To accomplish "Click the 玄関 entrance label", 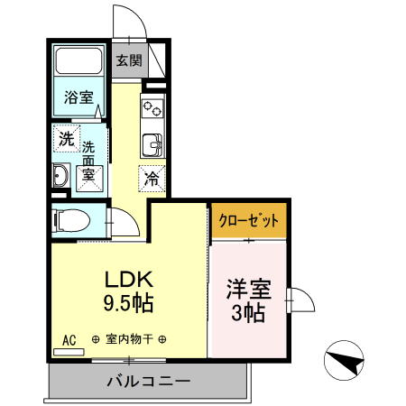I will pos(129,61).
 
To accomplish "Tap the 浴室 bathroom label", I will pos(78,97).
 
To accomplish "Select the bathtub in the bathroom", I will pos(79,62).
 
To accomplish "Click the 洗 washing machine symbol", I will pos(67,139).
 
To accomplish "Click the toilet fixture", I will pos(69,219).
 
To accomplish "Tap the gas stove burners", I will pos(152,108).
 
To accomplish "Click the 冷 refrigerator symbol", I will pos(152,178).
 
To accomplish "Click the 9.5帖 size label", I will pos(128,304).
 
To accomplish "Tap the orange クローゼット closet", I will pos(248,220).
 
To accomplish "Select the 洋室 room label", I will pos(247,291).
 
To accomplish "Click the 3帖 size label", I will pos(247,314).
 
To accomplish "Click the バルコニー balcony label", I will pos(148,382).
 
